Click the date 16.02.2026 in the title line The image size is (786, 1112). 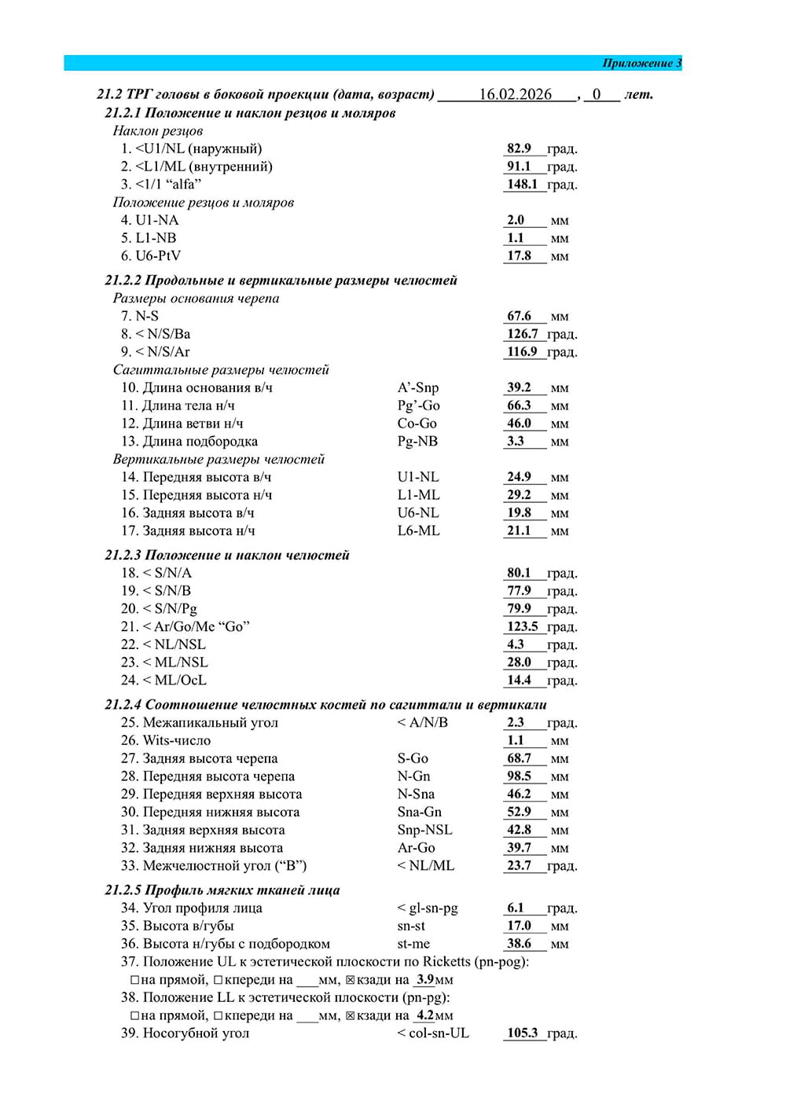[x=515, y=94]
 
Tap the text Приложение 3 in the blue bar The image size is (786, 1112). [x=641, y=63]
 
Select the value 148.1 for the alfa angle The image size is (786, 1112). [x=522, y=185]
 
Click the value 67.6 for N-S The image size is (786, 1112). [x=519, y=316]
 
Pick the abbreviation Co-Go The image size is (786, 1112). [x=417, y=424]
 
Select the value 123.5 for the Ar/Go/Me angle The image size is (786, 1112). [x=522, y=626]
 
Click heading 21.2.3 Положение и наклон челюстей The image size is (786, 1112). [x=227, y=555]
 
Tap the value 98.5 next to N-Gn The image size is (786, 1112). [x=519, y=776]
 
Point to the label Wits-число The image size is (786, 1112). [x=176, y=740]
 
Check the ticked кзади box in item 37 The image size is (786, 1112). [x=351, y=980]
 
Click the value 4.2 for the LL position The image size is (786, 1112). [x=425, y=1015]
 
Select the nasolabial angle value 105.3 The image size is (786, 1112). [x=522, y=1033]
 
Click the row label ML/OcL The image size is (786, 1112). [x=180, y=681]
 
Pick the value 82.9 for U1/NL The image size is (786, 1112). [x=519, y=149]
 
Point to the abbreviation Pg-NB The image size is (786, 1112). [x=417, y=442]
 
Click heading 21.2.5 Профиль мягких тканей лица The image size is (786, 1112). [x=222, y=890]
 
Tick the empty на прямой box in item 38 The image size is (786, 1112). [x=134, y=1015]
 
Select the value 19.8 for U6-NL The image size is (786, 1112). [x=519, y=512]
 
